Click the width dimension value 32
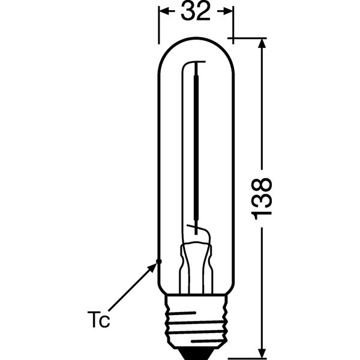(x=196, y=11)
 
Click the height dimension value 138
(x=262, y=199)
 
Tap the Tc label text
(x=98, y=319)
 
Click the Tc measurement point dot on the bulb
(x=158, y=262)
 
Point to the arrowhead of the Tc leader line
(x=152, y=268)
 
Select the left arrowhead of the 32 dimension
(x=164, y=11)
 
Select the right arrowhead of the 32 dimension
(x=228, y=11)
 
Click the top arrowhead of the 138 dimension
(x=262, y=44)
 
